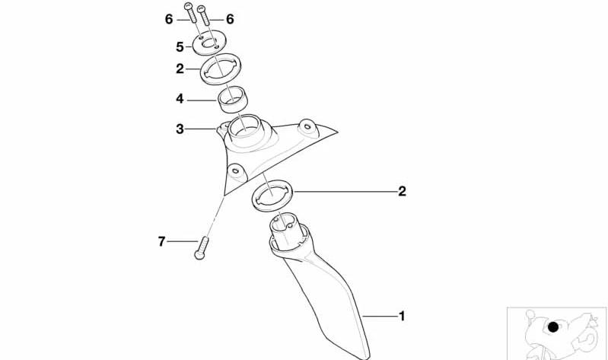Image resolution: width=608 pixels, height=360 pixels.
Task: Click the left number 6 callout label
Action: (169, 19)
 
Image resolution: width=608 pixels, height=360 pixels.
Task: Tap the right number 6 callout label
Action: (230, 19)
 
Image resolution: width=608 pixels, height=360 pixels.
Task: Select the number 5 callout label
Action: (180, 47)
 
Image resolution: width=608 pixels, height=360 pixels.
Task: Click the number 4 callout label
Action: (180, 99)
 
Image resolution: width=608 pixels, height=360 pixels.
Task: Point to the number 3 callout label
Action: (180, 129)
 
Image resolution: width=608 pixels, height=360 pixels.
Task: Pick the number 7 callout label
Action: (161, 241)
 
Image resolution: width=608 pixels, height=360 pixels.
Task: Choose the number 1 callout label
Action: (402, 316)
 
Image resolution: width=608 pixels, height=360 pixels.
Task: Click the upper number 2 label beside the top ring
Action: (180, 68)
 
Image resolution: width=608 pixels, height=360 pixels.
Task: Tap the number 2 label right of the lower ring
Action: (402, 191)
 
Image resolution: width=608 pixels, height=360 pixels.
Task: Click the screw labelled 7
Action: (202, 248)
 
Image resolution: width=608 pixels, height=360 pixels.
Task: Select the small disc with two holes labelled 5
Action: (209, 43)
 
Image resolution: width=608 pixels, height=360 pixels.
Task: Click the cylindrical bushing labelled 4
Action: (233, 100)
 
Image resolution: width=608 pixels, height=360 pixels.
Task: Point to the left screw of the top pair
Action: (191, 12)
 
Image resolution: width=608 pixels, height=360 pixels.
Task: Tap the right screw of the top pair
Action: (204, 15)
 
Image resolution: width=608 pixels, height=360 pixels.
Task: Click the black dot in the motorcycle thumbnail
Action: (553, 327)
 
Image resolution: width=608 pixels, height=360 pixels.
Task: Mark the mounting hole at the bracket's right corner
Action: (307, 126)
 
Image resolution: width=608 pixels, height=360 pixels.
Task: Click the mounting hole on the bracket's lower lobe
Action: (235, 170)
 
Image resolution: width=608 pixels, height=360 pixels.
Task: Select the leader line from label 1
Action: (380, 317)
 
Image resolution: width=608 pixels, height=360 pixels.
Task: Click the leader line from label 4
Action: (202, 100)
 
